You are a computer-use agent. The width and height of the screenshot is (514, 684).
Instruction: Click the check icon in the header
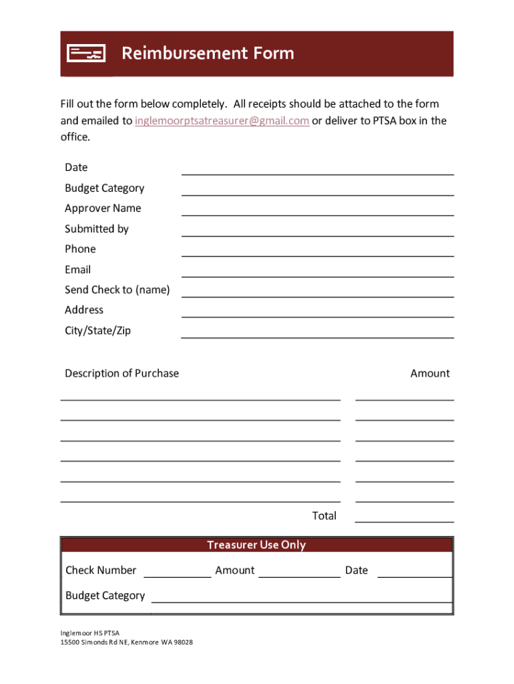tap(86, 53)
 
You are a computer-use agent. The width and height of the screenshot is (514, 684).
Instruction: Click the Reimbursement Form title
tap(208, 53)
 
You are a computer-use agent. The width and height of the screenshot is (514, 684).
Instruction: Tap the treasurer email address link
tap(222, 121)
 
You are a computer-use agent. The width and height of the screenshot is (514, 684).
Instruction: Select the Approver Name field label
tap(103, 208)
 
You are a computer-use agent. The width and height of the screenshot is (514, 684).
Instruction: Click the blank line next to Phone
tap(317, 252)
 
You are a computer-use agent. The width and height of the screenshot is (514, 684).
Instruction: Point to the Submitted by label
tap(97, 229)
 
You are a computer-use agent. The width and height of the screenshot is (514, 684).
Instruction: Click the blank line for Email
tap(317, 273)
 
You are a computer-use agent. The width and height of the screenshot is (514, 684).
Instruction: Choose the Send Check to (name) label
tap(117, 290)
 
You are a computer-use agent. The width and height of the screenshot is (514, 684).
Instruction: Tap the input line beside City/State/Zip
tap(317, 333)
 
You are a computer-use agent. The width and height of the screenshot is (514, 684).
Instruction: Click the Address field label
tap(84, 310)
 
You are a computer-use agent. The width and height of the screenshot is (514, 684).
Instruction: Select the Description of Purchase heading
tap(121, 373)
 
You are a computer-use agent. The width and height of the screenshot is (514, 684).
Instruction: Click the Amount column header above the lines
tap(430, 373)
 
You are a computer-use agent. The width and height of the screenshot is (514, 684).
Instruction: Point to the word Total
tap(324, 516)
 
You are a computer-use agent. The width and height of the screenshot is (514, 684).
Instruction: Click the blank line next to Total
tap(404, 518)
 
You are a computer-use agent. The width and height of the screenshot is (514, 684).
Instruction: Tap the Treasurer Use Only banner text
tap(256, 545)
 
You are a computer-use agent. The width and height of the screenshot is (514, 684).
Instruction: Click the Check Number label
tap(101, 570)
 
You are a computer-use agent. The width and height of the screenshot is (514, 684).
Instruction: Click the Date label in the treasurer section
tap(356, 570)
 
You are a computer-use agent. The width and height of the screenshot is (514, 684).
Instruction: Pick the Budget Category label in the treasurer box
tap(105, 596)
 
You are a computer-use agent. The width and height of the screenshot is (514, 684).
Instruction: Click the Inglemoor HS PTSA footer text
tap(89, 633)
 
